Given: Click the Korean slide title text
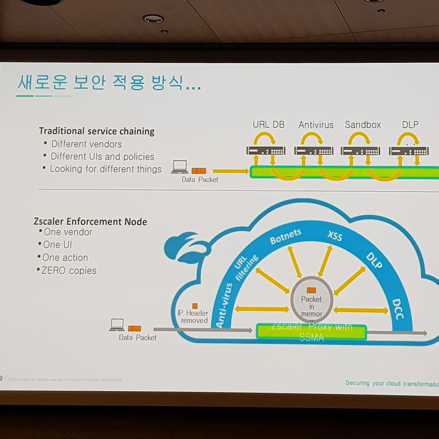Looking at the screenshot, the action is coord(109,83).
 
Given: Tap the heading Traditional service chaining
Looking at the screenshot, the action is coord(97,131).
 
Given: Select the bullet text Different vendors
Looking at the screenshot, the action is coord(86,144).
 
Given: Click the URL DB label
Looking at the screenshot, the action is coord(269,124).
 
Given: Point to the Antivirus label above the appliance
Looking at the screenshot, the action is coord(316,125).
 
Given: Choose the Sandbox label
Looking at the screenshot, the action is coord(363,124).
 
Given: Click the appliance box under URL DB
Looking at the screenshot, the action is coord(266,151).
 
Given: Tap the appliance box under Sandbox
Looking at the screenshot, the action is coord(360,151).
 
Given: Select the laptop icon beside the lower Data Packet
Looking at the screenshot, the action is coord(117,325).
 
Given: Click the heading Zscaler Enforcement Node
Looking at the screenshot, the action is coord(91,222).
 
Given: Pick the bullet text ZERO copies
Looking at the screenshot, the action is coord(69,271).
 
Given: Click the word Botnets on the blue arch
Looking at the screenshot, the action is coord(285,237).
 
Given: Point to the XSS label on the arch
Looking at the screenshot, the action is coord(335,236).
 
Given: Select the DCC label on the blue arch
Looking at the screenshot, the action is coord(397,309).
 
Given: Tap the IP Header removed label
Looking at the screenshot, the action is coord(193,316).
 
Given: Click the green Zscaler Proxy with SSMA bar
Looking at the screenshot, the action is coord(311,332).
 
